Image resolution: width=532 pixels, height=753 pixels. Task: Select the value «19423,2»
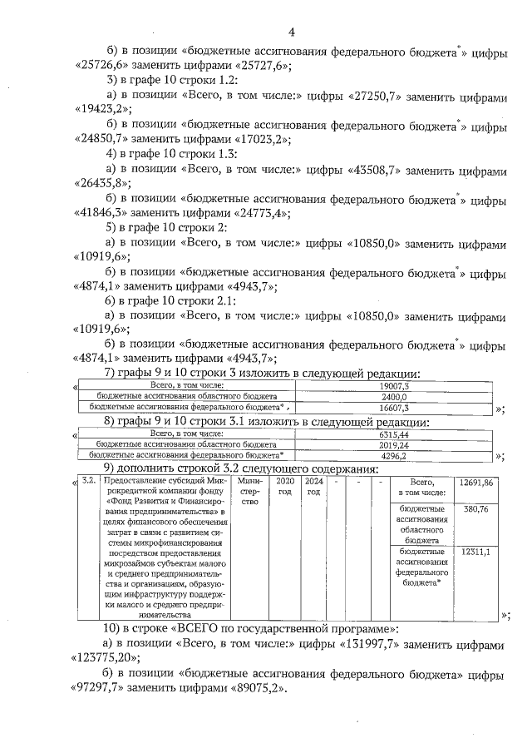pos(101,109)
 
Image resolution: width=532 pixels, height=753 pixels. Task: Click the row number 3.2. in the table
pos(89,482)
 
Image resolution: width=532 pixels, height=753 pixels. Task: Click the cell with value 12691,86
pos(476,483)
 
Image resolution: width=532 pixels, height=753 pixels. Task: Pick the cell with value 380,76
pos(476,508)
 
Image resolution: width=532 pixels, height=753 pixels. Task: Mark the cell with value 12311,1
pos(476,551)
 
